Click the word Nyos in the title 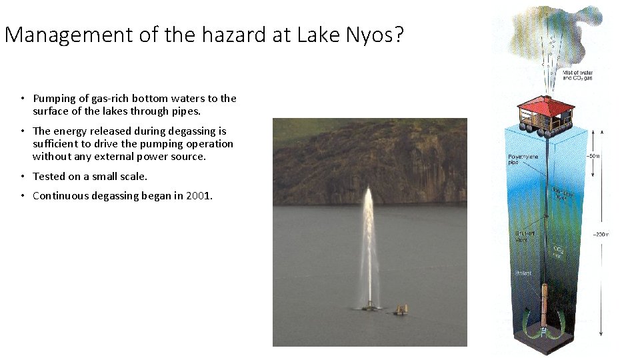[371, 34]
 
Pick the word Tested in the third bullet [49, 176]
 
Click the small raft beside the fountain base [400, 309]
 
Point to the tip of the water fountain [368, 190]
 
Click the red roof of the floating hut [546, 105]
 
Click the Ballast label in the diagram [522, 272]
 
